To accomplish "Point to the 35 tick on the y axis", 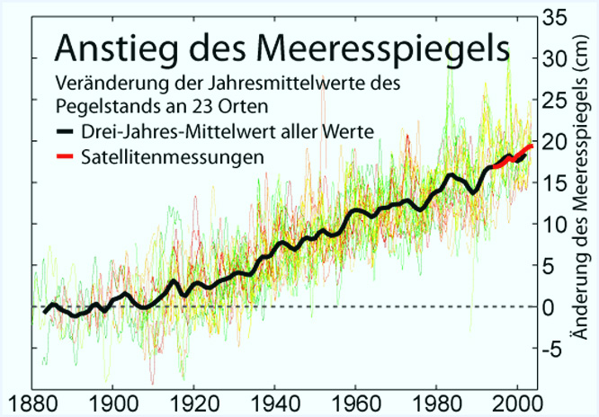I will pos(554,17).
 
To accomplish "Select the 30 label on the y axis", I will pos(554,58).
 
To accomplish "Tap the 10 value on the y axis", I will pos(554,224).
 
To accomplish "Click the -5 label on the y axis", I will pos(551,349).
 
